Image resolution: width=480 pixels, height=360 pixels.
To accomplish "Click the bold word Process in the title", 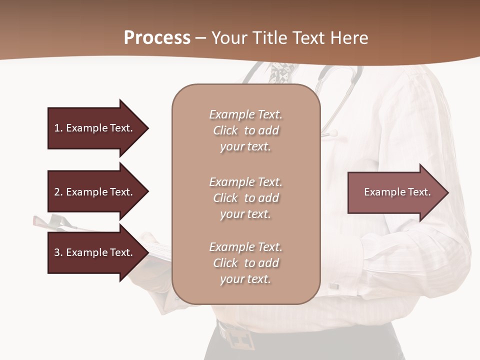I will click(157, 37).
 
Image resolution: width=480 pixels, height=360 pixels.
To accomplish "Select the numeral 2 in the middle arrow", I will click(56, 192).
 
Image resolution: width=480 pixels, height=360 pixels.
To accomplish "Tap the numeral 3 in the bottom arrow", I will click(56, 252).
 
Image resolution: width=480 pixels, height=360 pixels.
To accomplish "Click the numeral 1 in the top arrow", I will click(56, 128).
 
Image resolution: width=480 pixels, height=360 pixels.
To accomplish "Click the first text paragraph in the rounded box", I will click(245, 130).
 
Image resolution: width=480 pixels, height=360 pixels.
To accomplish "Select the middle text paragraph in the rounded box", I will click(245, 198).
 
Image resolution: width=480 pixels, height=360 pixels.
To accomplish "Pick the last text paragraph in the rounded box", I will click(245, 263).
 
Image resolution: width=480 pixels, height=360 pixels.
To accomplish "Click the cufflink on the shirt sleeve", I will click(333, 286).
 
